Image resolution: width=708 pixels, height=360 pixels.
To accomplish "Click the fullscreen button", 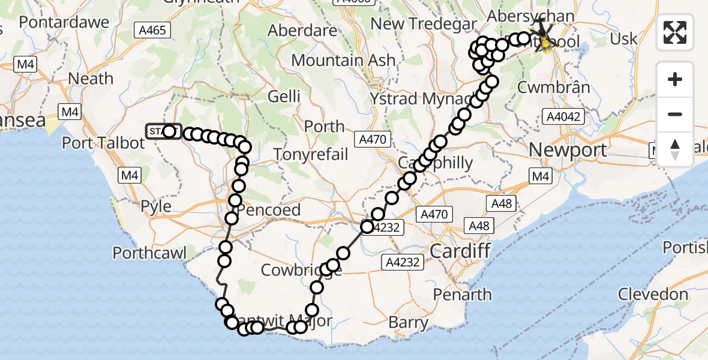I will click(675, 32).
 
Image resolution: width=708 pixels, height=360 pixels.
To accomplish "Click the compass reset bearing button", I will click(675, 149).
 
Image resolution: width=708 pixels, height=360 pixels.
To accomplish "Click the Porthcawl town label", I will click(149, 253).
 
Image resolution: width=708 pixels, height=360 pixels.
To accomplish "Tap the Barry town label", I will click(408, 322).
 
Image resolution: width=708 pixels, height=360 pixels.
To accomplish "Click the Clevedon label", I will click(653, 295).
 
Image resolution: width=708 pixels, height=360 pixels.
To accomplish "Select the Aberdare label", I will click(302, 31).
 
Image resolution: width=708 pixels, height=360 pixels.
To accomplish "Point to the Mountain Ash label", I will click(343, 61).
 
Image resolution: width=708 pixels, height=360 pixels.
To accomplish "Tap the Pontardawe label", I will click(64, 23).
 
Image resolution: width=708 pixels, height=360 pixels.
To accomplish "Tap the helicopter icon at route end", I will click(544, 39).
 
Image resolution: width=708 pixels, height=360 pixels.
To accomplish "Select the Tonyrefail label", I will click(311, 154).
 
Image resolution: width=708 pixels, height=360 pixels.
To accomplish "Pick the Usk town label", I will click(623, 39).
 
